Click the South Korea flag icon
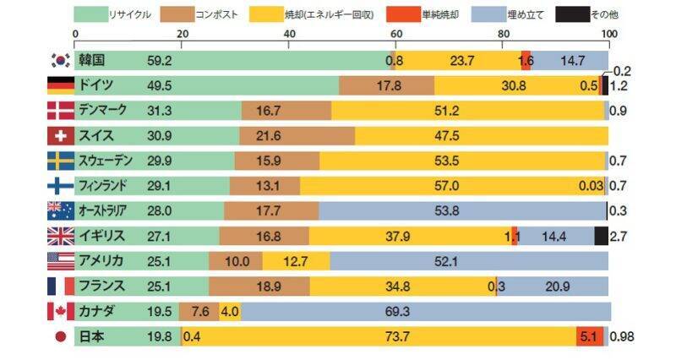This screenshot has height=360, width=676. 60,60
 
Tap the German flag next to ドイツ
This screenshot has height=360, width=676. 60,85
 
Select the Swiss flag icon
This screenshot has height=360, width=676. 60,136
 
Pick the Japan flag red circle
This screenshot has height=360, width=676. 60,336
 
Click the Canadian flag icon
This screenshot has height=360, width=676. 60,311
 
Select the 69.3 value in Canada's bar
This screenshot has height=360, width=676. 396,311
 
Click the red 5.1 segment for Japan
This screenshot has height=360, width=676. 588,336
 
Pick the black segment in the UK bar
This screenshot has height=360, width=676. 601,237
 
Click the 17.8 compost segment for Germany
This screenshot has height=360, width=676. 387,85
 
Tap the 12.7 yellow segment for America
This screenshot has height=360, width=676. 295,261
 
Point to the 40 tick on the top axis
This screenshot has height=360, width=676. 290,33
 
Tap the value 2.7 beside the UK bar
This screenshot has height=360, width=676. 618,237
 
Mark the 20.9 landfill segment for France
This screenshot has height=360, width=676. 557,286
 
